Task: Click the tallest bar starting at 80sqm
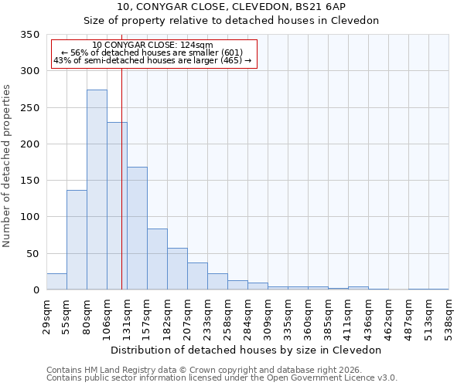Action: (x=97, y=190)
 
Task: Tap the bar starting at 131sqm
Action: (x=137, y=229)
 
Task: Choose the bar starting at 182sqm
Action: (x=177, y=269)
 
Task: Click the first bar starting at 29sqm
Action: (x=56, y=282)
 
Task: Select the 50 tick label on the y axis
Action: (x=32, y=253)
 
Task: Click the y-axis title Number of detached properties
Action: (x=7, y=167)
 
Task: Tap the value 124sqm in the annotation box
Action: (x=188, y=46)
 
